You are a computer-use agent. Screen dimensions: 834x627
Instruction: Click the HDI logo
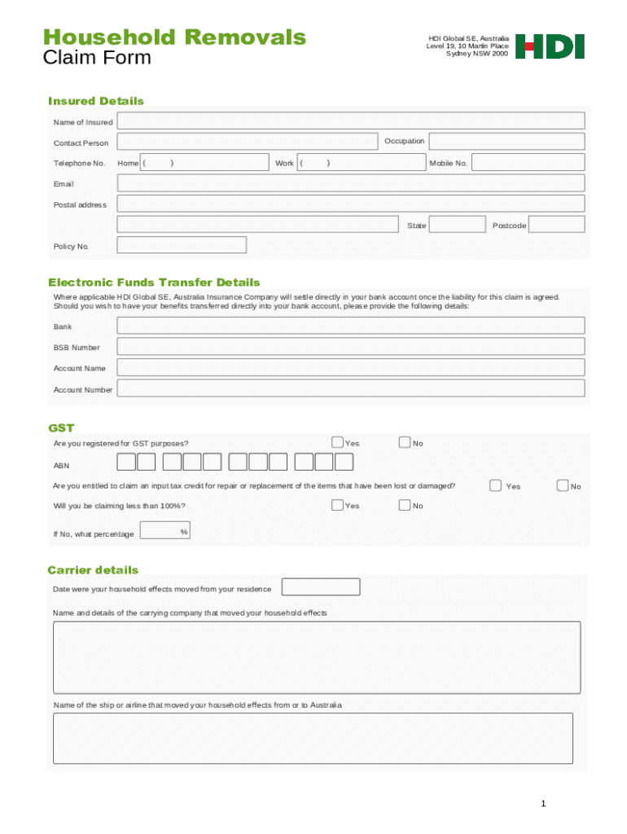(x=550, y=46)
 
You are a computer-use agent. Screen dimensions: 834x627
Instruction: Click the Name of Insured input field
(x=350, y=121)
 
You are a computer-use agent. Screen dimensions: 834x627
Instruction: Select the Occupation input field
(x=506, y=142)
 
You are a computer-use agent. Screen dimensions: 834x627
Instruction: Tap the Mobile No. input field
(x=528, y=163)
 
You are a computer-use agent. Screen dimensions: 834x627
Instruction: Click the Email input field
(x=350, y=183)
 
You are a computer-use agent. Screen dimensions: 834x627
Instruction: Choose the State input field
(x=456, y=225)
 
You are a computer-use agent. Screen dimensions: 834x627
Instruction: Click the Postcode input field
(x=557, y=225)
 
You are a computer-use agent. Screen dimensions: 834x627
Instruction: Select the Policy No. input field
(x=182, y=245)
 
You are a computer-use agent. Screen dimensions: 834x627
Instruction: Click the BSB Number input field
(x=350, y=347)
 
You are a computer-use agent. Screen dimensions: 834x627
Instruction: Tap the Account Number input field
(x=350, y=389)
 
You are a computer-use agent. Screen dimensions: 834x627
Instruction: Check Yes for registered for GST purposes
(x=337, y=442)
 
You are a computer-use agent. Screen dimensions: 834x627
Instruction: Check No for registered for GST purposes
(x=405, y=442)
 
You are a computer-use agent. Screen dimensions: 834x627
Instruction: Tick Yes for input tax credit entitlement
(x=495, y=485)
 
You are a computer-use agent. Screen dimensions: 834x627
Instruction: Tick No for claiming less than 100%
(x=405, y=505)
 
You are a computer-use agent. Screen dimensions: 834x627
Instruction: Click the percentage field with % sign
(x=164, y=531)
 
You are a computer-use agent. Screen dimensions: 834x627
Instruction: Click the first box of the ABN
(x=126, y=463)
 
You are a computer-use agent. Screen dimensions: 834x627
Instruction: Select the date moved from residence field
(x=320, y=587)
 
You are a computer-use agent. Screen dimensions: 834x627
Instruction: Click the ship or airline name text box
(x=313, y=738)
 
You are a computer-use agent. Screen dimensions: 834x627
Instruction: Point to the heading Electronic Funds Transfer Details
(x=154, y=283)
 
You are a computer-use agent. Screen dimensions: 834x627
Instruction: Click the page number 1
(x=543, y=805)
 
